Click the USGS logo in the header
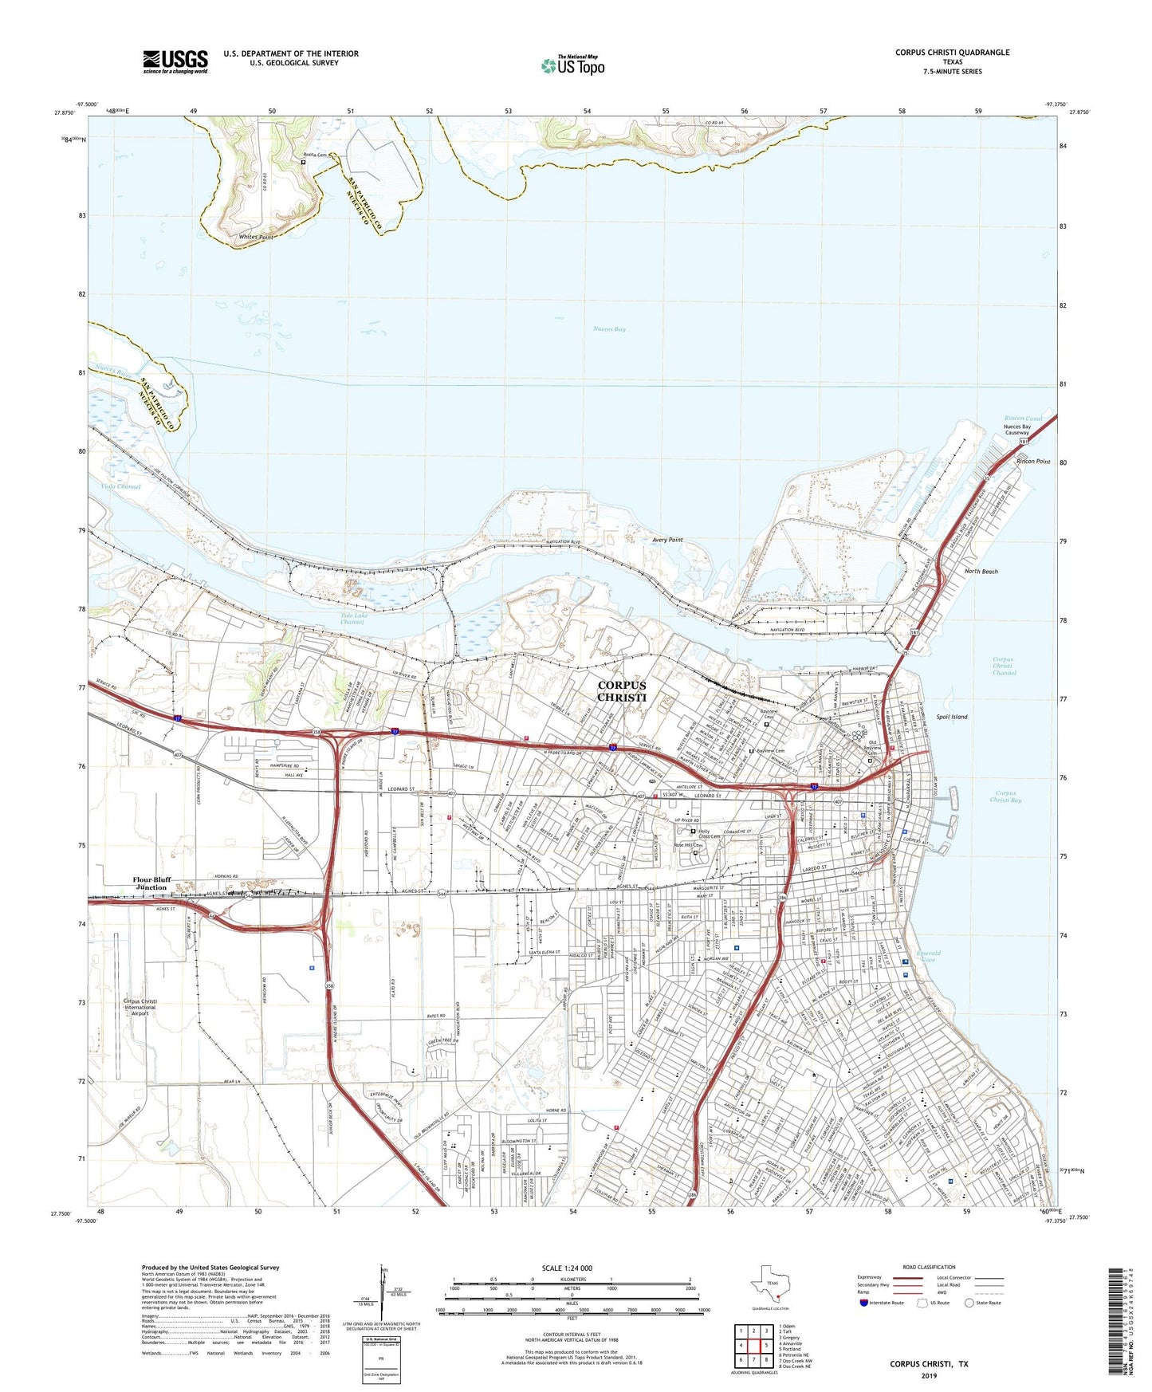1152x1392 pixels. tap(175, 61)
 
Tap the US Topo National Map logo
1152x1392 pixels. tap(572, 65)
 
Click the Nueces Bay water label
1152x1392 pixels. tap(609, 328)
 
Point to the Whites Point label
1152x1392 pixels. tap(256, 238)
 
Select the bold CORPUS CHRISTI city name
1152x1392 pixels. tap(622, 691)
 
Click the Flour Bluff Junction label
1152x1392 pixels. tap(151, 883)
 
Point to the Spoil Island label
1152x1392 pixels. tap(952, 717)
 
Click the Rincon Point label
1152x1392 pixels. tap(1033, 462)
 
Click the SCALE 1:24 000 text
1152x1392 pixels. tap(567, 1268)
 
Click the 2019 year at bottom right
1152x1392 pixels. tap(929, 1375)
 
